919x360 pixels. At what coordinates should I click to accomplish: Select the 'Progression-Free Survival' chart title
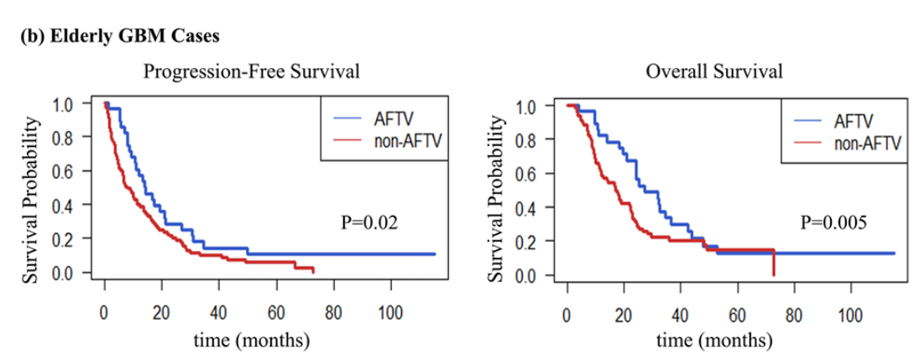(x=252, y=71)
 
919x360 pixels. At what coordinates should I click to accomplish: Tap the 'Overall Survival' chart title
(x=714, y=71)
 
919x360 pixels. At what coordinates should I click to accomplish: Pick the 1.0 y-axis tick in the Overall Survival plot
(x=535, y=107)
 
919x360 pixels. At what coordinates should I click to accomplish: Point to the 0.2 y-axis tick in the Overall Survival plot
(x=535, y=242)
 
